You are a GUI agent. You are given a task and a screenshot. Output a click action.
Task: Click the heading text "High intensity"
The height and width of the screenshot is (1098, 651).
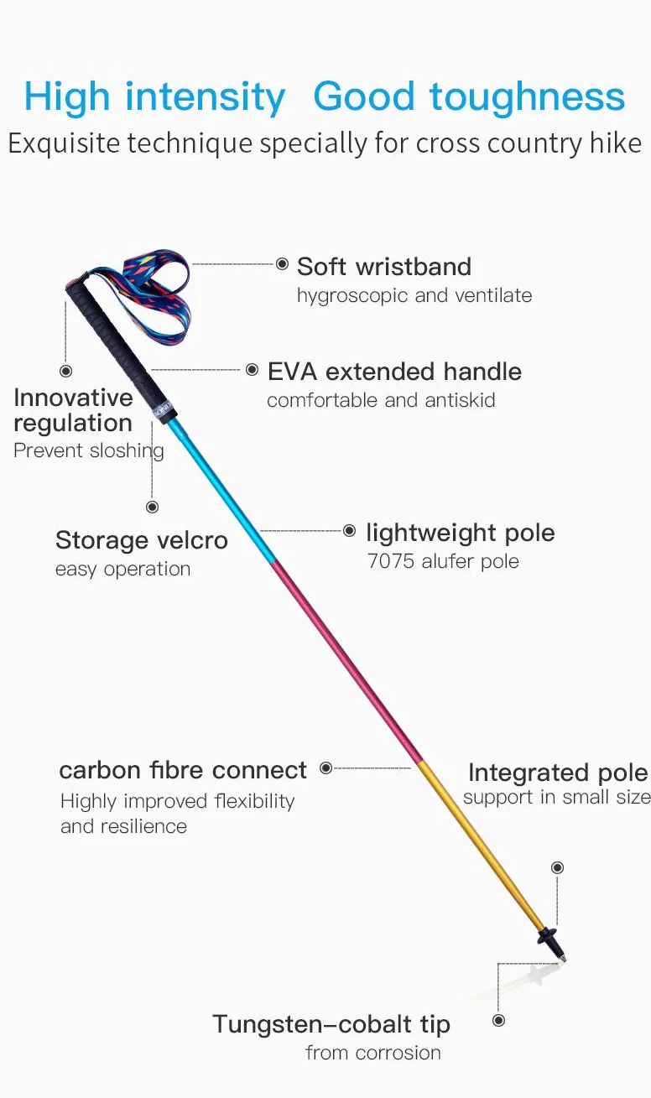(x=155, y=98)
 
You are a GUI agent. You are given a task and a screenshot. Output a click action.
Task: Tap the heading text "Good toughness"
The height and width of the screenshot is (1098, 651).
(x=469, y=97)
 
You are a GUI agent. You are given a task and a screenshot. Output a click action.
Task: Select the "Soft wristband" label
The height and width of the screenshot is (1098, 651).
(x=384, y=267)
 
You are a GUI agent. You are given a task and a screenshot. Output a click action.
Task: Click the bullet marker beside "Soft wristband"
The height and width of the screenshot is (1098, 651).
(x=282, y=264)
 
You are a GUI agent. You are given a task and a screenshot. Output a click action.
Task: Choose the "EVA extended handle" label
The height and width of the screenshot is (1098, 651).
(x=394, y=372)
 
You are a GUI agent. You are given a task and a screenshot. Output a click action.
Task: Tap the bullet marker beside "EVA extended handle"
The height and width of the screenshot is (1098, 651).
(x=252, y=370)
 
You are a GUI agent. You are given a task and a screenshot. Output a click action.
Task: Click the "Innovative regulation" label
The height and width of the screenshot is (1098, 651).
(x=73, y=410)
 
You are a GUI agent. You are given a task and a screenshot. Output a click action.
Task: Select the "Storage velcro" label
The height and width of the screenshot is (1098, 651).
(x=142, y=541)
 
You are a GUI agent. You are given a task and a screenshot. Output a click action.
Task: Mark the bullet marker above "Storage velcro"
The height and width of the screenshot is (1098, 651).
(x=153, y=507)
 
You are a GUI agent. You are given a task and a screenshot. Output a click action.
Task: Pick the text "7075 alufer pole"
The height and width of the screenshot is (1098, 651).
(x=443, y=561)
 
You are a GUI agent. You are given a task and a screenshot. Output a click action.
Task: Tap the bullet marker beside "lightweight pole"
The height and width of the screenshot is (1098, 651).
(x=349, y=530)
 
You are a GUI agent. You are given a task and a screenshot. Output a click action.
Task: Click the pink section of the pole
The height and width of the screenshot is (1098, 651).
(x=346, y=662)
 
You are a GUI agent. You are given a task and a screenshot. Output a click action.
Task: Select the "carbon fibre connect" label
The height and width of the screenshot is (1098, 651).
(x=183, y=771)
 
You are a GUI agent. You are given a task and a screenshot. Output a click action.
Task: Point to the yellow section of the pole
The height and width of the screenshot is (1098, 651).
(x=482, y=846)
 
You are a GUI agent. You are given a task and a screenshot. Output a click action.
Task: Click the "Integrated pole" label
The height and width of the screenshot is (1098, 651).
(x=559, y=773)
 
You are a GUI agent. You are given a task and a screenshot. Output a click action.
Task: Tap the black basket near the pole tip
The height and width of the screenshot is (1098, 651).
(x=547, y=936)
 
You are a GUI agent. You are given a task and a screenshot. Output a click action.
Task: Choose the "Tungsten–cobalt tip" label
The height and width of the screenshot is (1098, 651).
(x=331, y=1025)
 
